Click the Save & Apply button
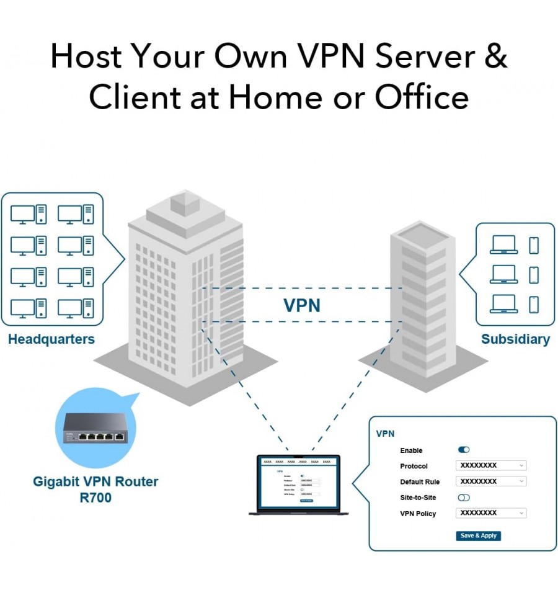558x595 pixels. [x=478, y=535]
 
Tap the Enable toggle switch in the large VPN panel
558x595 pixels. [x=463, y=450]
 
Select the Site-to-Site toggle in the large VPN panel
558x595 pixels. [x=463, y=497]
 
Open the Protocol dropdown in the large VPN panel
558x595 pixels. [x=490, y=465]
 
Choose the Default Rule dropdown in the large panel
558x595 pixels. [x=490, y=481]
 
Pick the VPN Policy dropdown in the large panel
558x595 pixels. [x=490, y=513]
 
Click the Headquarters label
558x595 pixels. [x=51, y=339]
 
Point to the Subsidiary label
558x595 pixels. [x=515, y=339]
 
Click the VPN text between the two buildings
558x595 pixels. [x=302, y=305]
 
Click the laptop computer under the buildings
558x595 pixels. [x=299, y=485]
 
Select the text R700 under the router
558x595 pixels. [x=95, y=497]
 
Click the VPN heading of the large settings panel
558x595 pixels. [x=385, y=434]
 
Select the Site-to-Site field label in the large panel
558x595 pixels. [x=418, y=498]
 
